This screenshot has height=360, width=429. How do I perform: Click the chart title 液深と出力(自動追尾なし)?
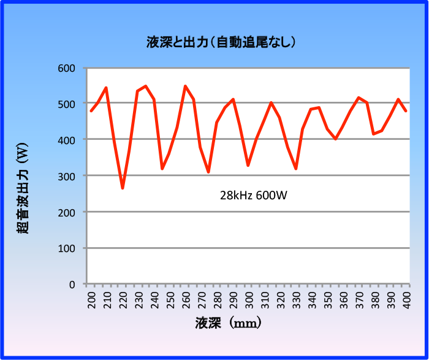221,42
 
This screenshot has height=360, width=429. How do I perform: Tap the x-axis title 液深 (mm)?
229,322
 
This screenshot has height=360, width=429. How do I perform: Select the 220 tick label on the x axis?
123,301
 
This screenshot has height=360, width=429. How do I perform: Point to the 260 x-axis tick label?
186,301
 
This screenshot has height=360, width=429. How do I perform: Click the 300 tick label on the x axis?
249,301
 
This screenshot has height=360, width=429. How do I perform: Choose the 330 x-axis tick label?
296,301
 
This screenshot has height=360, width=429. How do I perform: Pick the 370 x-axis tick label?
359,301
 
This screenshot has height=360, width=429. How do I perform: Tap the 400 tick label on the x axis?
406,301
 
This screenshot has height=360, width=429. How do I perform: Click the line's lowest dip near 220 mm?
123,188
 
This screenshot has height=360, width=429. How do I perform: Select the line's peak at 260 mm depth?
185,86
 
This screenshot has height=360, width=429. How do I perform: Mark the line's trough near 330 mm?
295,169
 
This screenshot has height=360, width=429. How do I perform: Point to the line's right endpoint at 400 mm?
406,111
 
